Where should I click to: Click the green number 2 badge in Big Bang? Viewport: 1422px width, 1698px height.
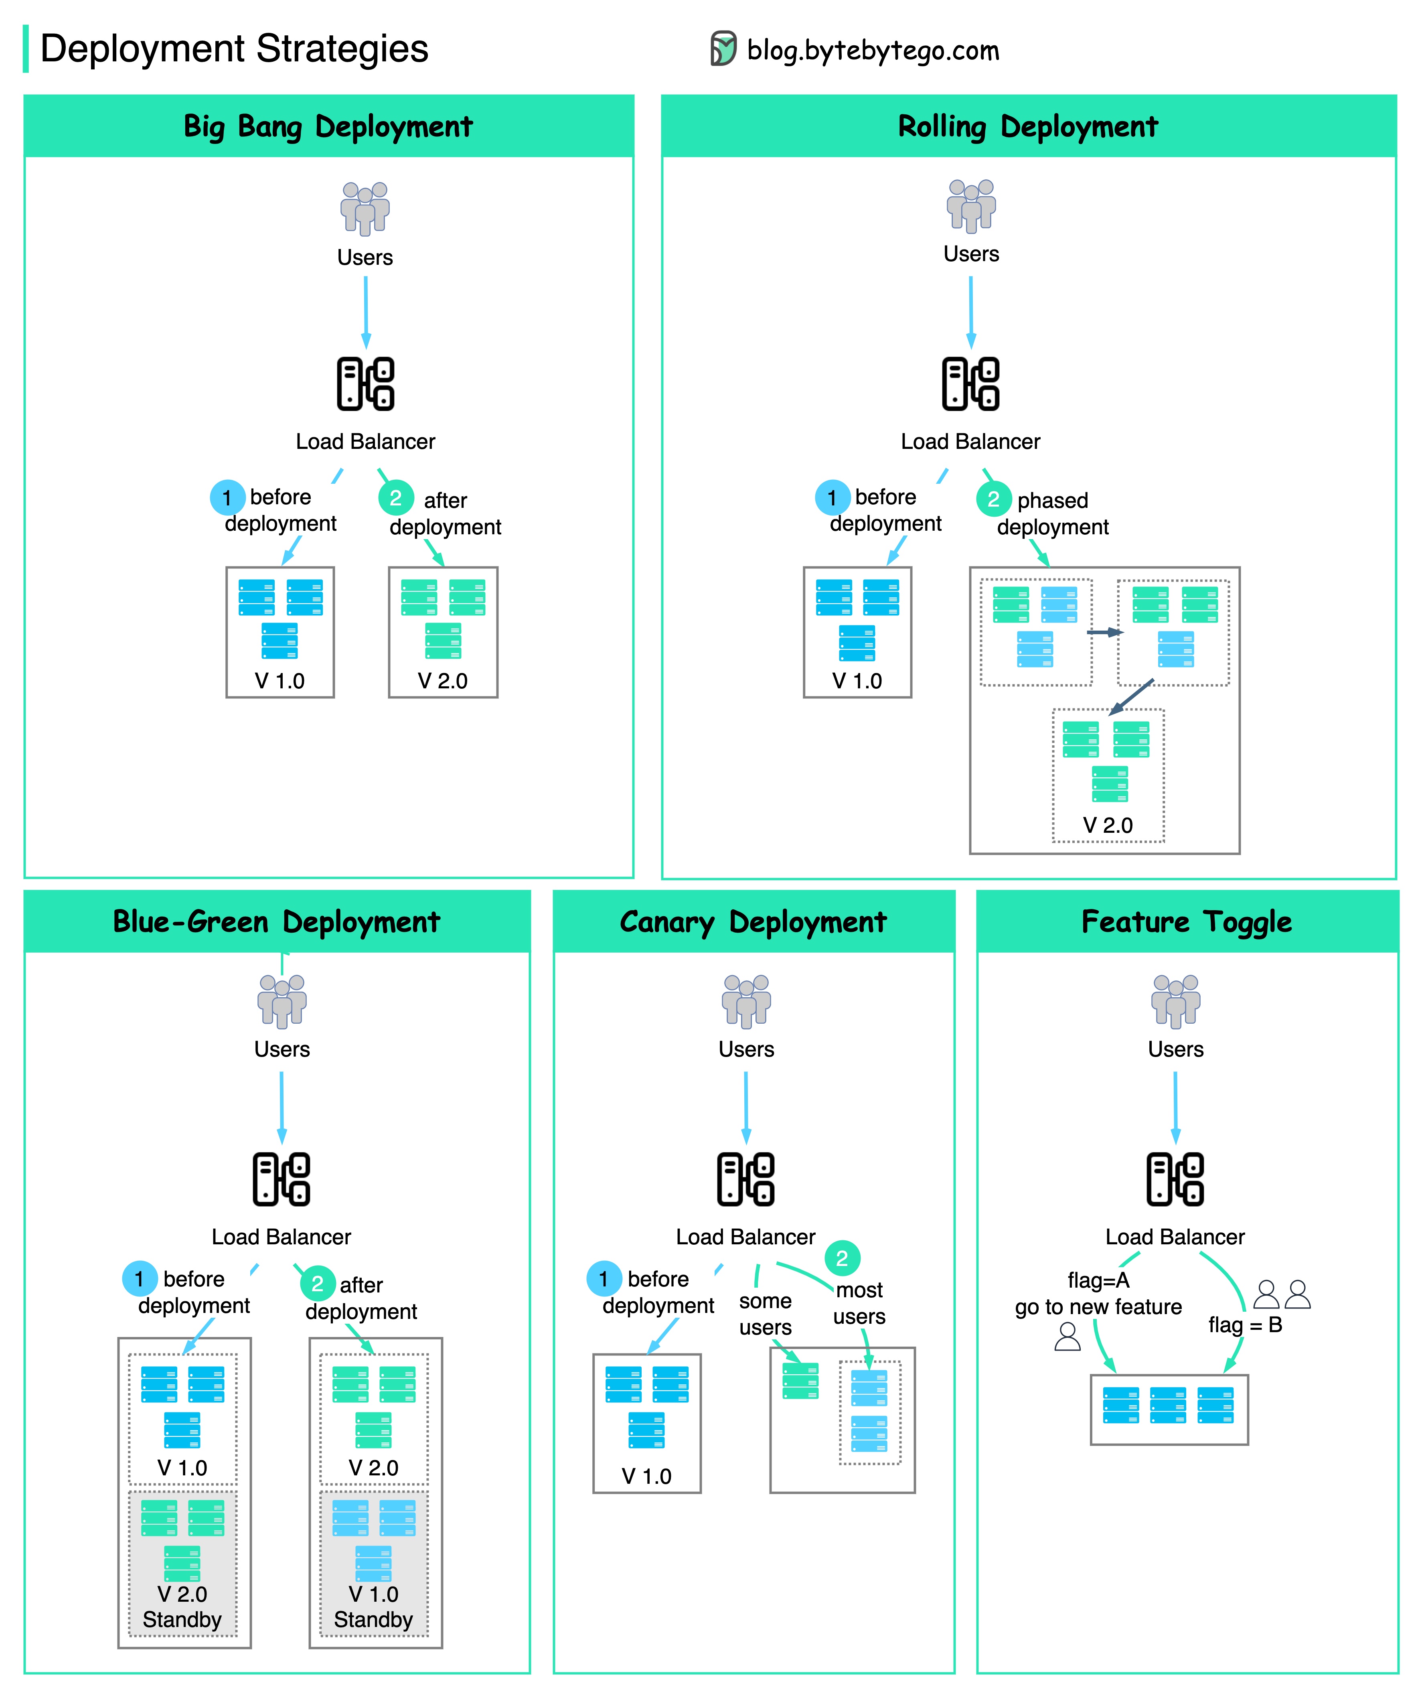395,498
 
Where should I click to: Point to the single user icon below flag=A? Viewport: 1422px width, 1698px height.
1067,1337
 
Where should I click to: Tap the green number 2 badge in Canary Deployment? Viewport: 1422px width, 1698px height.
842,1258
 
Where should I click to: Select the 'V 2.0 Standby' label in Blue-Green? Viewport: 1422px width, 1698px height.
182,1607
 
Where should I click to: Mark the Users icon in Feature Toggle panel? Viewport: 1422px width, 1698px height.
1175,1001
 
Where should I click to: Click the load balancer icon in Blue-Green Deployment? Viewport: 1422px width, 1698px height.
282,1179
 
